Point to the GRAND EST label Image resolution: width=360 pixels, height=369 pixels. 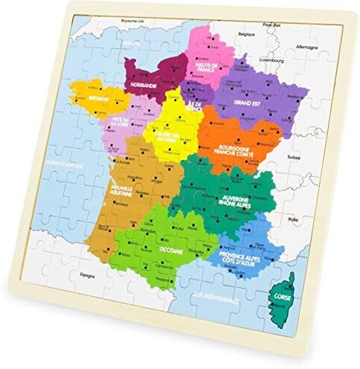(x=246, y=102)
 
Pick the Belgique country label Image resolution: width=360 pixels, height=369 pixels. (x=245, y=35)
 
